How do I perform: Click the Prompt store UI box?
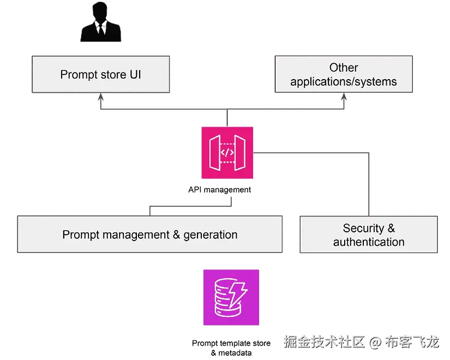click(x=100, y=74)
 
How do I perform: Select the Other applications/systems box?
click(x=343, y=75)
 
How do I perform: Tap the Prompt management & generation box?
click(x=149, y=235)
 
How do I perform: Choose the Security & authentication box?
click(x=368, y=235)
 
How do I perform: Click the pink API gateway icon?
click(x=227, y=153)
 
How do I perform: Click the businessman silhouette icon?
click(x=100, y=23)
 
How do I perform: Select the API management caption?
click(x=219, y=190)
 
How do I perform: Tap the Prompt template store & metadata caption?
click(x=231, y=348)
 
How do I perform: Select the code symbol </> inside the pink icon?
click(x=227, y=153)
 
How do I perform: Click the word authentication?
click(x=369, y=242)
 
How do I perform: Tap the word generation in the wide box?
click(x=210, y=235)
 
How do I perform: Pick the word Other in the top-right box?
click(x=344, y=68)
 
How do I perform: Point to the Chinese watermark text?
click(x=361, y=343)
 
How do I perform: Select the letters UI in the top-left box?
click(x=135, y=75)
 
